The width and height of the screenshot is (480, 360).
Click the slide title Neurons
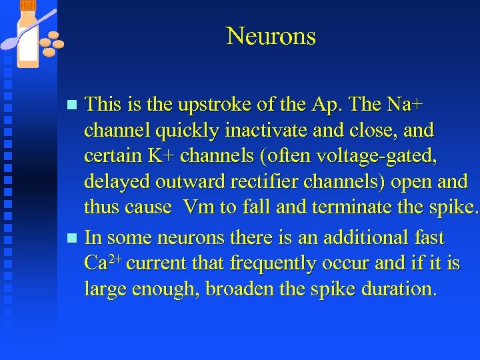click(x=271, y=36)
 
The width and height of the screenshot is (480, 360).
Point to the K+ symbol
click(x=165, y=156)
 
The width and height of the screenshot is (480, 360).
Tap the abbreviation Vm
click(x=197, y=207)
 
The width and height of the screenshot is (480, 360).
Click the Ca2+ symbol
click(x=103, y=263)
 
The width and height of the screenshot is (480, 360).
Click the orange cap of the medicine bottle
click(x=28, y=6)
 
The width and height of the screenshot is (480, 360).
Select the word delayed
click(x=118, y=182)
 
